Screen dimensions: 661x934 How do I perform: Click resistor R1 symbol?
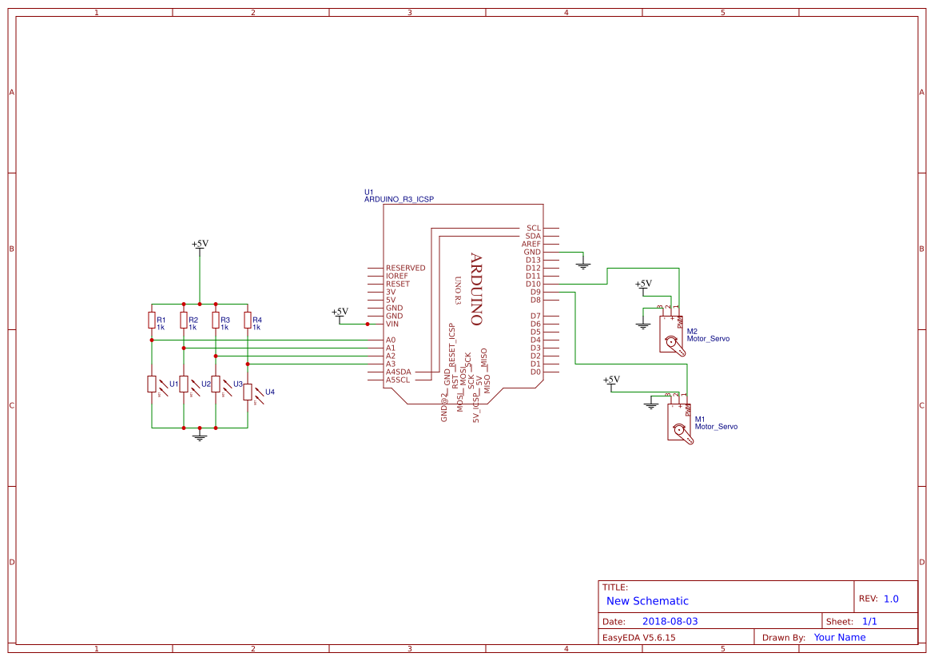pos(152,321)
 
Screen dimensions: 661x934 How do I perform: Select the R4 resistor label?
pos(257,320)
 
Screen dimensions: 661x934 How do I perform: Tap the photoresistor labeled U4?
pos(248,392)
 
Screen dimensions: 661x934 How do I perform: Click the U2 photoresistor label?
pos(206,384)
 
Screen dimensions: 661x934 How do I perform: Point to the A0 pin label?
pos(391,340)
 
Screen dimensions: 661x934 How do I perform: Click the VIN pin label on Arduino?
pos(392,324)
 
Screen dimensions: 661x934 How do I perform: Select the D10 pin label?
pos(533,284)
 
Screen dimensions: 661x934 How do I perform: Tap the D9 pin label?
pos(535,292)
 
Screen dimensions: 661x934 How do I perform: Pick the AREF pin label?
pos(531,244)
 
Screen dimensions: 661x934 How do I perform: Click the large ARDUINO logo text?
pos(476,289)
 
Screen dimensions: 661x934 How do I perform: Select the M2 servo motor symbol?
pos(672,335)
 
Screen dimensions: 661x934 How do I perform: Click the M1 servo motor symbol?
pos(680,424)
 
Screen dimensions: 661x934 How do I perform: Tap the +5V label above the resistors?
pos(200,244)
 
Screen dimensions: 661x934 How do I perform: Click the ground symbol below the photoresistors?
pos(200,436)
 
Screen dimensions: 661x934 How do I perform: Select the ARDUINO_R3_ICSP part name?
pos(399,199)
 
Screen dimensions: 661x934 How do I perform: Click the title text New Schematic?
pos(647,601)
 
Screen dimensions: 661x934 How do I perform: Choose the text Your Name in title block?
pos(840,637)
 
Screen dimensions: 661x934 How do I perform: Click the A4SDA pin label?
pos(398,372)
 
